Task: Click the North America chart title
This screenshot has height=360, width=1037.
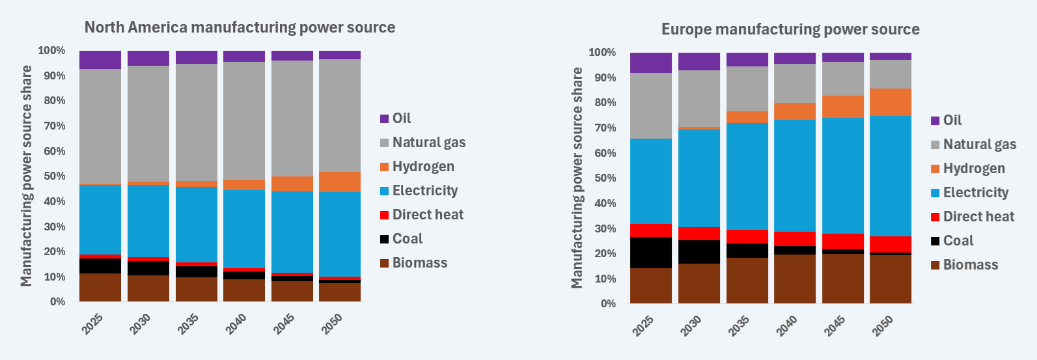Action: click(x=240, y=27)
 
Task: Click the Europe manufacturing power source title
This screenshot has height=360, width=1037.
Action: click(x=790, y=29)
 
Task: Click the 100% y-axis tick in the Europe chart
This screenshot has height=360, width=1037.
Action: click(x=602, y=53)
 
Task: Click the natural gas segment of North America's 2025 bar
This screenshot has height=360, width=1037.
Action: click(x=100, y=127)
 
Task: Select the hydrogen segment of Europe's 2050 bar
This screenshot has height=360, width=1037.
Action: click(x=891, y=102)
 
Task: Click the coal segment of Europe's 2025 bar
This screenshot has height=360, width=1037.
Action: click(x=651, y=253)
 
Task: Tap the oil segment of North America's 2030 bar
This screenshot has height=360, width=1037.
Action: click(x=148, y=58)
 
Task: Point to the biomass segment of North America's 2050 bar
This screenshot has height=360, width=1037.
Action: click(x=340, y=292)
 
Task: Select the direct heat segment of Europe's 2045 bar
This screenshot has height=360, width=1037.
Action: click(x=842, y=242)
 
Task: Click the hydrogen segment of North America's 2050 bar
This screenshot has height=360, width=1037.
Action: click(x=340, y=182)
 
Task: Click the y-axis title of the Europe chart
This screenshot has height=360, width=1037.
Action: click(x=577, y=178)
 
